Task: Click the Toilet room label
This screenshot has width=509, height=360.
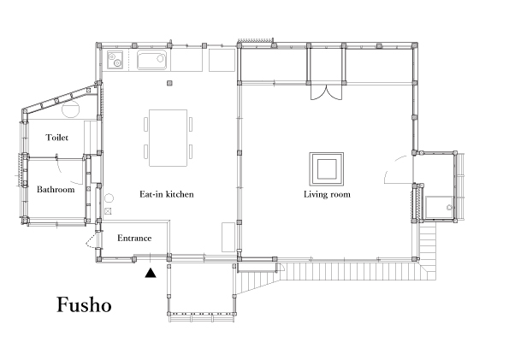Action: point(57,138)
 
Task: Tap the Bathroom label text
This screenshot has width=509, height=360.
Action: point(56,190)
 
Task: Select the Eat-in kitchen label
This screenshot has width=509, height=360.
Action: point(167,194)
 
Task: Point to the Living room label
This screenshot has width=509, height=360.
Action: point(327,194)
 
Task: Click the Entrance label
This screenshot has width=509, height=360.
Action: point(134,238)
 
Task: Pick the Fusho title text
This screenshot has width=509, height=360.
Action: point(85,304)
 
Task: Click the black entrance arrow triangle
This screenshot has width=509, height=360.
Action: point(151,273)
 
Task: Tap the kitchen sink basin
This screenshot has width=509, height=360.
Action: point(151,60)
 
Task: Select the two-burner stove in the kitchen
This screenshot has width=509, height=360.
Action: point(115,60)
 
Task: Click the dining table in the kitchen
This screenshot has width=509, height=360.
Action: point(168,138)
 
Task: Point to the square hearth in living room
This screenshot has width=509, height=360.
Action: point(327,168)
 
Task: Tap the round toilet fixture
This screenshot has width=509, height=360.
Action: point(71,109)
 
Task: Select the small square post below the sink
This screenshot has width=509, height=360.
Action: point(169,84)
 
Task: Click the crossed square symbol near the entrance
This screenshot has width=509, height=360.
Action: point(108,211)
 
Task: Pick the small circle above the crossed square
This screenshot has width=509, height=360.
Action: point(109,198)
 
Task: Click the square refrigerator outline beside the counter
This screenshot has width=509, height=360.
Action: point(222,60)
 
